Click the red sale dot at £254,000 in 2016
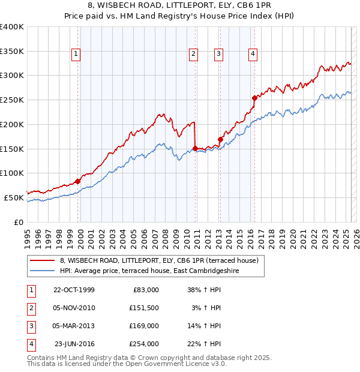(254, 97)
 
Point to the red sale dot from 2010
(195, 148)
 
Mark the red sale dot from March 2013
(220, 139)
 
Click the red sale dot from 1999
(78, 181)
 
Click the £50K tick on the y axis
(14, 197)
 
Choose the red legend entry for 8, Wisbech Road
(159, 260)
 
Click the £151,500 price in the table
(143, 308)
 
